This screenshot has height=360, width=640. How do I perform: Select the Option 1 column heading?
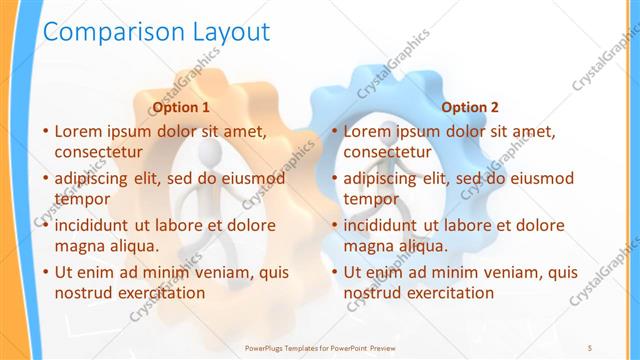[180, 107]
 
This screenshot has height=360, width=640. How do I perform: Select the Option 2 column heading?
[470, 107]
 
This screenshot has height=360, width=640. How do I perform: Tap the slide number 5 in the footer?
[590, 347]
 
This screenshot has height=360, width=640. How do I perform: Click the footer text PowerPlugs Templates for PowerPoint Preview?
[320, 347]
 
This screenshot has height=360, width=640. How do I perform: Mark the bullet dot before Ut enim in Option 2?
[334, 272]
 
